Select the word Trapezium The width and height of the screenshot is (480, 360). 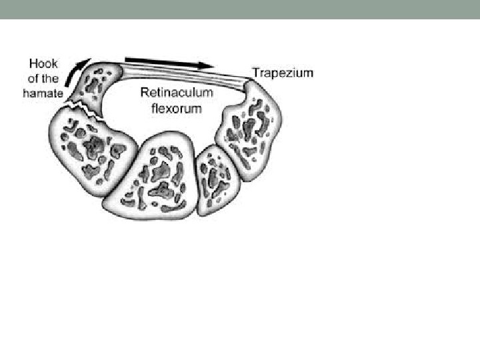[282, 73]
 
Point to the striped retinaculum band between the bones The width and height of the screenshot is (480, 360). [180, 76]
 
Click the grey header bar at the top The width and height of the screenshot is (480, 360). [240, 9]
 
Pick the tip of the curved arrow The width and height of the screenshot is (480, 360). [87, 57]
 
